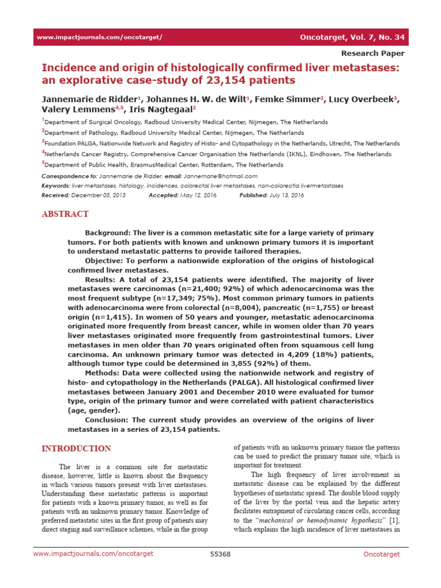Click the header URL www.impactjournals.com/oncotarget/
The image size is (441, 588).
point(99,37)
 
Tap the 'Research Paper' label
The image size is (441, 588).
point(373,53)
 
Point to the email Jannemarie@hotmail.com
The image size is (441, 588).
point(220,176)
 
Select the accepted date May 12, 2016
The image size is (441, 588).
point(196,195)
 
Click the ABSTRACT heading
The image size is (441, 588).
point(65,214)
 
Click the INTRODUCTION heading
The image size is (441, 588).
point(76,448)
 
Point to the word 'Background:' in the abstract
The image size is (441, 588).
point(108,233)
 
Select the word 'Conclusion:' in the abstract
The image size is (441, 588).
point(108,420)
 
